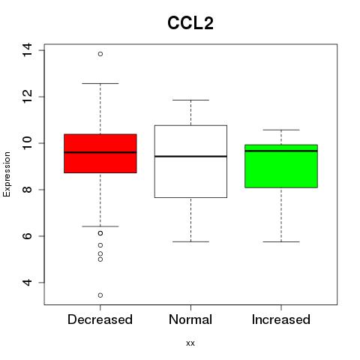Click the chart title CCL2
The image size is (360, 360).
coord(190,23)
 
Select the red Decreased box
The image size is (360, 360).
coord(100,154)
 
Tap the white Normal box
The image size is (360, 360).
coord(190,161)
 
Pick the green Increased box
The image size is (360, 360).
coord(281,166)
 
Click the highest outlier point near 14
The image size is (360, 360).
coord(100,54)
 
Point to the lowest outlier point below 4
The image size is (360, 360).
coord(100,295)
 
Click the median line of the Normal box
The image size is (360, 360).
coord(190,156)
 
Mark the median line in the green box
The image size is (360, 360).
coord(281,151)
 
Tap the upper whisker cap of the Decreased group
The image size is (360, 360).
coord(100,83)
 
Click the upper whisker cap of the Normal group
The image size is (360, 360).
coord(190,100)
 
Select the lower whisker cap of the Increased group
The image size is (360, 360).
coord(281,241)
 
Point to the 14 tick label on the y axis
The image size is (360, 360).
coord(27,50)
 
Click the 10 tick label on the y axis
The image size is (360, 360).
coord(27,143)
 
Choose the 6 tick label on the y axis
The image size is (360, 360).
coord(27,236)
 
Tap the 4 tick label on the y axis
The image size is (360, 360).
coord(27,283)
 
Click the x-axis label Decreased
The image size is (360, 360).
coord(100,319)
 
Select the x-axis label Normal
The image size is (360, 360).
coord(190,319)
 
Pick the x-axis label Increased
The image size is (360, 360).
coord(281,319)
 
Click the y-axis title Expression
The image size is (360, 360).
coord(7,174)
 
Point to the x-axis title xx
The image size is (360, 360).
coord(190,343)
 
